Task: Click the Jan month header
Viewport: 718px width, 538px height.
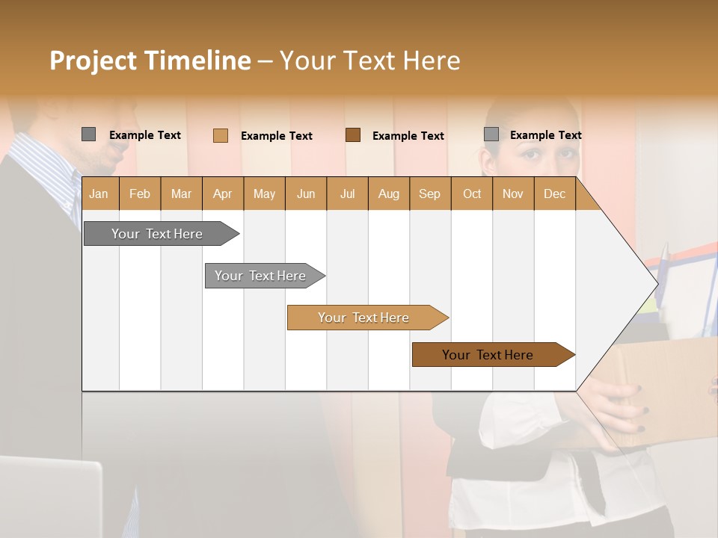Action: coord(99,194)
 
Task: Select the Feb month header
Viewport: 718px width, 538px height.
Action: coord(140,194)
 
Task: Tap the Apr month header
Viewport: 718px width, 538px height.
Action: coord(222,194)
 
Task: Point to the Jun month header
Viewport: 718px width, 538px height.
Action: coord(306,194)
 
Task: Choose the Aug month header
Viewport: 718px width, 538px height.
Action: coord(388,194)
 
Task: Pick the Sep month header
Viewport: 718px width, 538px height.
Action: coord(429,194)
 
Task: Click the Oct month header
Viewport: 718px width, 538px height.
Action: coord(472,194)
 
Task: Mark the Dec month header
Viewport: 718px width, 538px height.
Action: coord(554,194)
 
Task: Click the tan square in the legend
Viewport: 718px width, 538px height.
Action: coord(220,135)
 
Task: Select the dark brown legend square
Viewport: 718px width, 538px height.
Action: coord(353,134)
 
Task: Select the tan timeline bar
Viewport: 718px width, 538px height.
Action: coord(364,318)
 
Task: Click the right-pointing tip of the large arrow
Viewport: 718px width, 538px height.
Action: coord(655,283)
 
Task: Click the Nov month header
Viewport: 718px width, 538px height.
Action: coord(513,194)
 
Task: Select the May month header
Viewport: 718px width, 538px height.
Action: coord(264,194)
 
